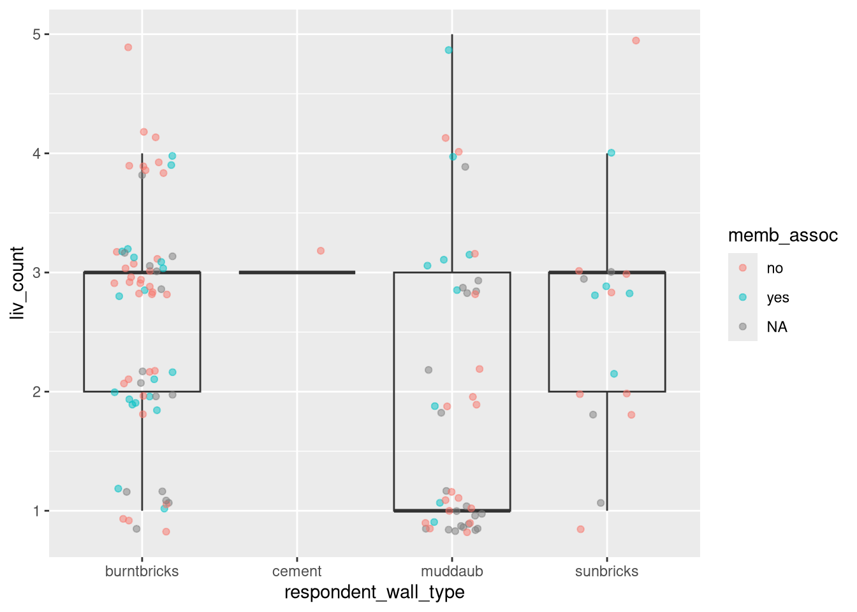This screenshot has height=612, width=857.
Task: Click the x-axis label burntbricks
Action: (142, 571)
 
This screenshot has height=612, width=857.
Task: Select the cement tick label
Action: (297, 571)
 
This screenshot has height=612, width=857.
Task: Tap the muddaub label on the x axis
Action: (451, 571)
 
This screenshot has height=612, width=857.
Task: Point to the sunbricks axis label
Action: (606, 571)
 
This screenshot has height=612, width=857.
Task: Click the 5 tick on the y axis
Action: (36, 34)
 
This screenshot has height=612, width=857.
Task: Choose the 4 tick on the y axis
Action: (36, 154)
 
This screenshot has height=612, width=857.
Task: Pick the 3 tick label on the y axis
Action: (36, 273)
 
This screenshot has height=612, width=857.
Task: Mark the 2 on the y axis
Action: (36, 392)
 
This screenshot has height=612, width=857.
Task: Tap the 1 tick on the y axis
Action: (36, 511)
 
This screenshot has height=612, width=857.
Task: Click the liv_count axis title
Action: (17, 283)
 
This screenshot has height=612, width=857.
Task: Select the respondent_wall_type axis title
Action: (374, 592)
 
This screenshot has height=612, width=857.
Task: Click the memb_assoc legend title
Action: (782, 236)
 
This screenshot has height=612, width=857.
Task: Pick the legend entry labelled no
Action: (774, 268)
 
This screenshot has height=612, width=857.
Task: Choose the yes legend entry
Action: (777, 298)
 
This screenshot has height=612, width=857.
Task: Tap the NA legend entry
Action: (777, 327)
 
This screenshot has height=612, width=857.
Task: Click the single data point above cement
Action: (321, 251)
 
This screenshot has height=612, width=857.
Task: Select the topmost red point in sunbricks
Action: (636, 41)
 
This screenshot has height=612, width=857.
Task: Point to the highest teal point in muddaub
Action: (449, 50)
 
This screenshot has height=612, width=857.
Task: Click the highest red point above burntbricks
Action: (128, 47)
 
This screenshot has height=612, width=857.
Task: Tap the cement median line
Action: (297, 272)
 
